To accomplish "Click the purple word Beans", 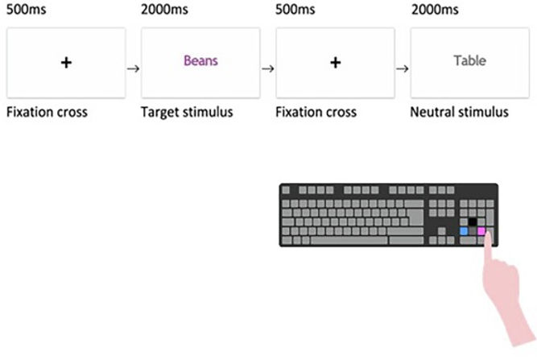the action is (200, 60).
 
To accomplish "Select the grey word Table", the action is (470, 60).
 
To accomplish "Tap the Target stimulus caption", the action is (187, 113).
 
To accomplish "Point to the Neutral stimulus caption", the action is (459, 112).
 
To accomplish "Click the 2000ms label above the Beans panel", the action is (164, 10).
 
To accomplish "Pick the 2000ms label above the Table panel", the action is (435, 10).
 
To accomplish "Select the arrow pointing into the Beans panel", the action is (133, 68).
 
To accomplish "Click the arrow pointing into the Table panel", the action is (403, 68).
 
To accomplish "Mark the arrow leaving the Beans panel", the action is (268, 68).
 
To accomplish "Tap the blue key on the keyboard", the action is (464, 231).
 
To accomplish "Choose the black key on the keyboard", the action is (473, 222).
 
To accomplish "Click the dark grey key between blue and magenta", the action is (473, 231).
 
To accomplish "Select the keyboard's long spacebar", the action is (349, 240).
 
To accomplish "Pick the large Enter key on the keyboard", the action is (415, 217).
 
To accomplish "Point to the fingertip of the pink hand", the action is (488, 233).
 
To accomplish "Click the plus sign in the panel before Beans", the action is (66, 63).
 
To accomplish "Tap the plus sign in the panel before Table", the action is (335, 63).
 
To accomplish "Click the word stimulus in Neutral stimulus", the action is (483, 112).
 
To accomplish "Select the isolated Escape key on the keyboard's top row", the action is (286, 190).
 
